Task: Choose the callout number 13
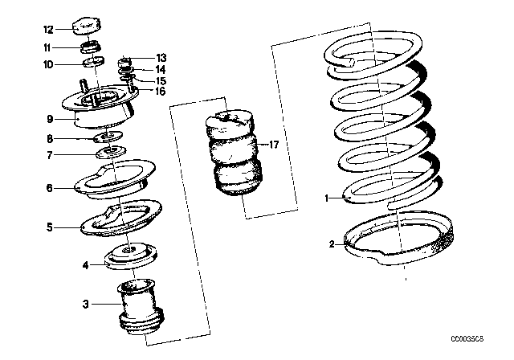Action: [161, 59]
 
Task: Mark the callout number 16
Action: [161, 92]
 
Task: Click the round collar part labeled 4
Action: [128, 255]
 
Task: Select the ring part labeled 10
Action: [95, 63]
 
